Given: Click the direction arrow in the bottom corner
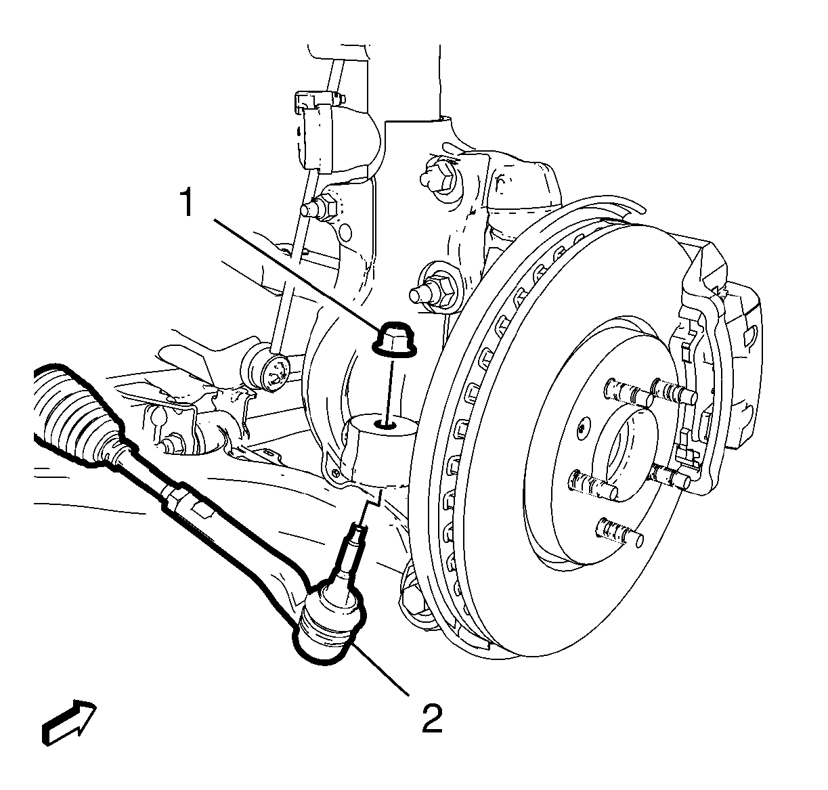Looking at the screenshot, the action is coord(70,724).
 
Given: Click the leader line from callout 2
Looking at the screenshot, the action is coord(379,674).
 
